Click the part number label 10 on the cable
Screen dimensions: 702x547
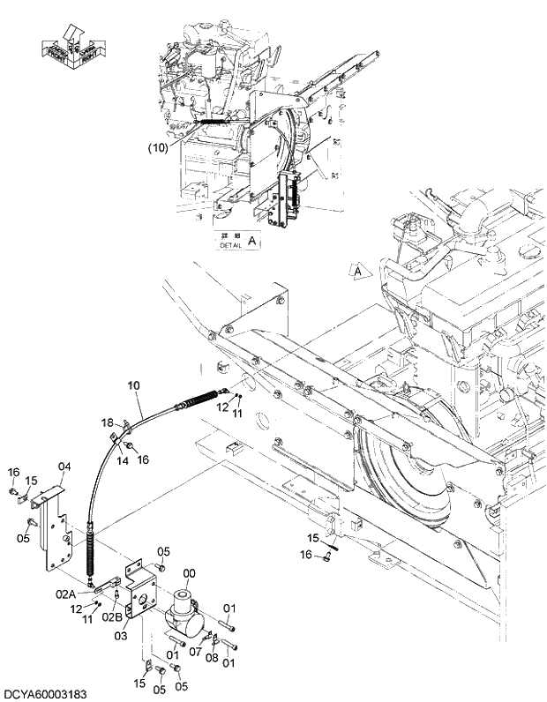pos(134,385)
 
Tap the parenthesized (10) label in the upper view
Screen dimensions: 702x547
pos(157,149)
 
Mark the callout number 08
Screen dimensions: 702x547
pos(212,657)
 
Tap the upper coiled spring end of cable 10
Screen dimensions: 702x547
pos(199,401)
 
